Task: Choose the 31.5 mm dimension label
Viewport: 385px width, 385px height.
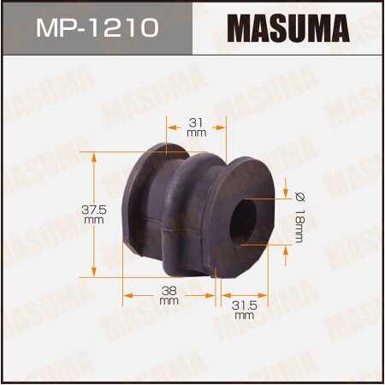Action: pos(246,309)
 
